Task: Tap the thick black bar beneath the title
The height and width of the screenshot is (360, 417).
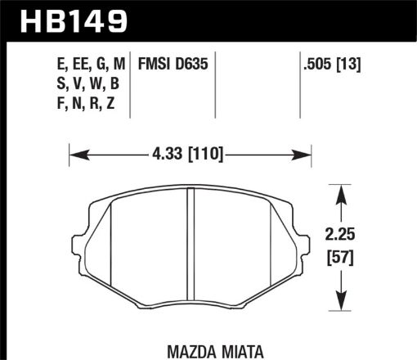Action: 208,37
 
